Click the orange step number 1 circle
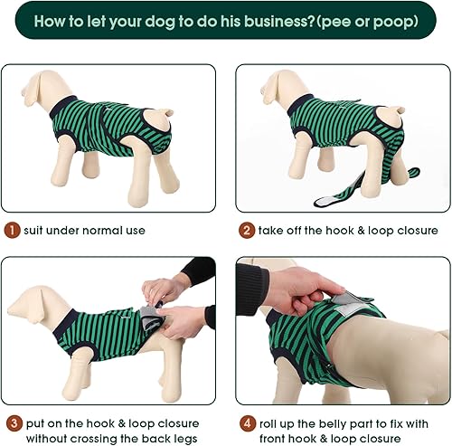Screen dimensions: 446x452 (12, 231)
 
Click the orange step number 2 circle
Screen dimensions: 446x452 (246, 231)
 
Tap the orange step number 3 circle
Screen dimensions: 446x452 (12, 423)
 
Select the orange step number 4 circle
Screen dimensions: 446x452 (246, 423)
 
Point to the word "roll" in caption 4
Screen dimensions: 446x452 (273, 423)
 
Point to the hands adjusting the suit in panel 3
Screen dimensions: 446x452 (172, 303)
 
